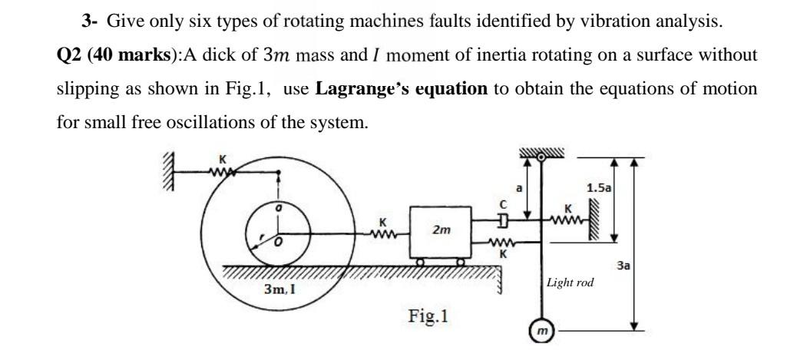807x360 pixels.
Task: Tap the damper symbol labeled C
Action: pyautogui.click(x=501, y=221)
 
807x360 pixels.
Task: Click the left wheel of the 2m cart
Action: pyautogui.click(x=422, y=263)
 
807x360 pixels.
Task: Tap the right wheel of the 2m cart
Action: pyautogui.click(x=461, y=263)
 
